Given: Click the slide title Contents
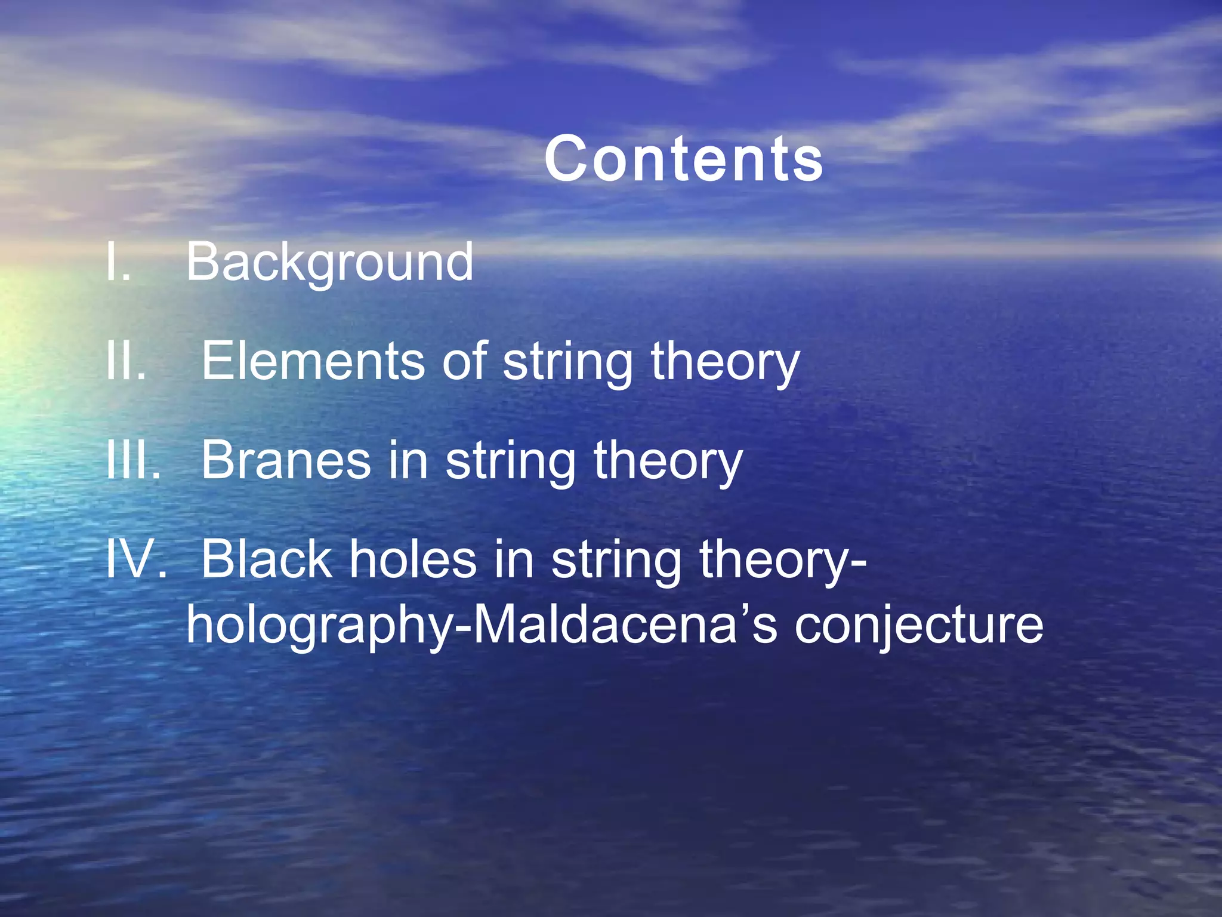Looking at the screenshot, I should [684, 159].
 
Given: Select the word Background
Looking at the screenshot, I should [330, 263].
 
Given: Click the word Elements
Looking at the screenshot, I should [313, 361].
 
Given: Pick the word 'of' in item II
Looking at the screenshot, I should [465, 361].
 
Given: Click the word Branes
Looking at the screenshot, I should [286, 460].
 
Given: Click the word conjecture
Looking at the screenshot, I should [919, 627].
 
